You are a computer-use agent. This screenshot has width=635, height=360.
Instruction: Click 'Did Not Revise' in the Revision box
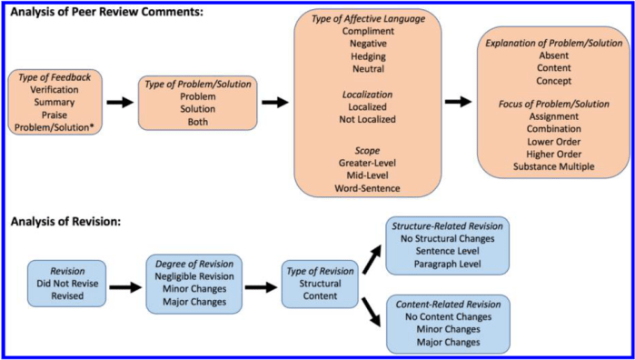point(68,284)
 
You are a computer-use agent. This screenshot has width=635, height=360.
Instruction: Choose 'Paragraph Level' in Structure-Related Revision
point(446,265)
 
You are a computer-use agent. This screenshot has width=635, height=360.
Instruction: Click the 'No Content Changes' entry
point(446,315)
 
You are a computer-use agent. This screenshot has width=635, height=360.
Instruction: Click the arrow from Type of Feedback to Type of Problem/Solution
point(119,103)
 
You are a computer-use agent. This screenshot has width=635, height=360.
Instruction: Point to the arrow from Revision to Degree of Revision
point(125,285)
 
